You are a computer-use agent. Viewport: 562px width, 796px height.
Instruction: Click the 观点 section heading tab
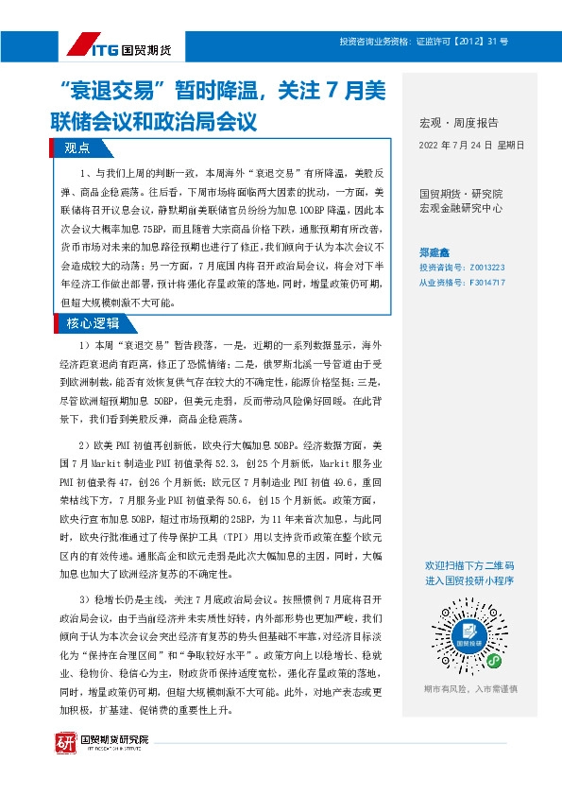point(77,147)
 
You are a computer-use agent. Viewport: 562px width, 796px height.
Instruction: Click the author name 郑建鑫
point(435,253)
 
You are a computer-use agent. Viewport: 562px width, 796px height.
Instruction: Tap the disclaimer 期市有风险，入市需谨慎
point(469,689)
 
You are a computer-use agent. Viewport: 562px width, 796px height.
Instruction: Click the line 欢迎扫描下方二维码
point(469,565)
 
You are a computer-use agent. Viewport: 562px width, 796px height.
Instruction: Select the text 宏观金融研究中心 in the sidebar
point(461,208)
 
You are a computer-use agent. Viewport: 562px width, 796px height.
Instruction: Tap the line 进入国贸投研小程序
point(469,580)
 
